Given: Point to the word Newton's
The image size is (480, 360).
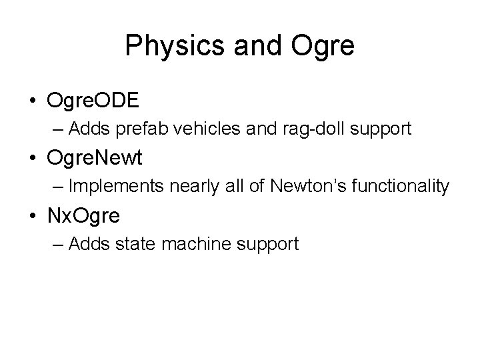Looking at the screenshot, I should pyautogui.click(x=298, y=187).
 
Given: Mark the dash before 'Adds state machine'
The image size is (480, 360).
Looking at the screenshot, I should pyautogui.click(x=57, y=245).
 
